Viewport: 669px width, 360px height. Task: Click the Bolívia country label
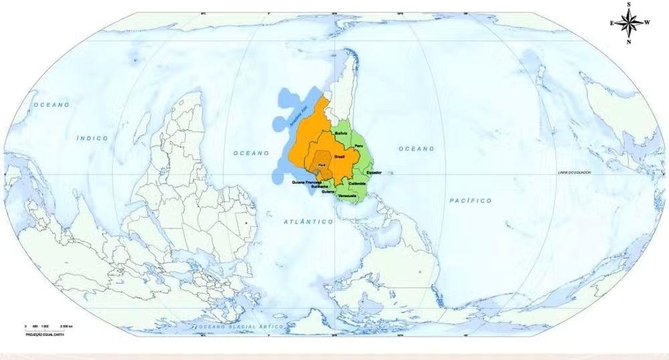coord(341,133)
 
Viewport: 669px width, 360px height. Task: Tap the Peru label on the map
coord(359,145)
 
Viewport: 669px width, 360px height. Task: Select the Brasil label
coord(339,156)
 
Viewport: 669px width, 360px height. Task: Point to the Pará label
coord(322,165)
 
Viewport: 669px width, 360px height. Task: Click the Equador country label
coord(374,172)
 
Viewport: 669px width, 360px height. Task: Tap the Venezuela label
coord(347,195)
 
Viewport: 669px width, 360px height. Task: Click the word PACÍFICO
coord(471,201)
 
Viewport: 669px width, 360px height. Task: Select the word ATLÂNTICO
coord(308,221)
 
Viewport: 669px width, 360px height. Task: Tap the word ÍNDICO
coord(92,138)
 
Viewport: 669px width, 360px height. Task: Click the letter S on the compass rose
coord(629,4)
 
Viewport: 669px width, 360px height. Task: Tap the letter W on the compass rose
coord(647,22)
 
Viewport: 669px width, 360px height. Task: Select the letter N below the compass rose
coord(629,41)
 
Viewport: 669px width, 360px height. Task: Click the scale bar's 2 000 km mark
coord(66,326)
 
